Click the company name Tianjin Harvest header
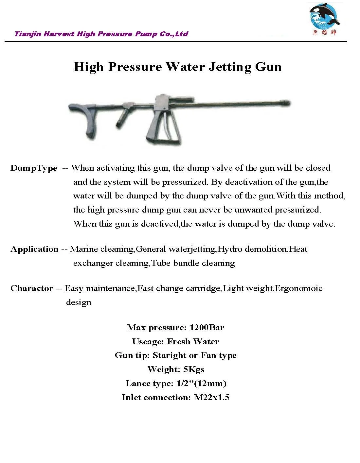101,34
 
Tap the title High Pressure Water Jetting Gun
177,67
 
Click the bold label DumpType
34,168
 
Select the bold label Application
34,249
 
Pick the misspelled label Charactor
32,288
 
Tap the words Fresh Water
193,341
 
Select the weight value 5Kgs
194,369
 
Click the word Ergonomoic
299,288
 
